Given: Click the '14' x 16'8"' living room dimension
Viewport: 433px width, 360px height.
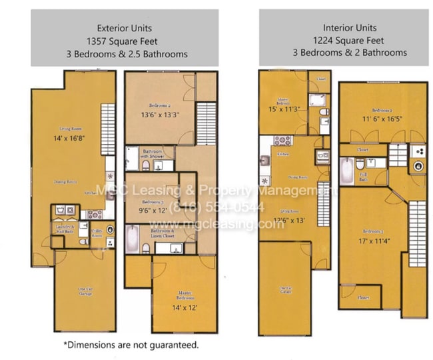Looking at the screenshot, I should point(65,139).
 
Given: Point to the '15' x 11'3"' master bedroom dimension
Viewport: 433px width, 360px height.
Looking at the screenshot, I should point(284,109).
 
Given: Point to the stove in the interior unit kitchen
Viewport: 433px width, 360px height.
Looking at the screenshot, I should point(280,141).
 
